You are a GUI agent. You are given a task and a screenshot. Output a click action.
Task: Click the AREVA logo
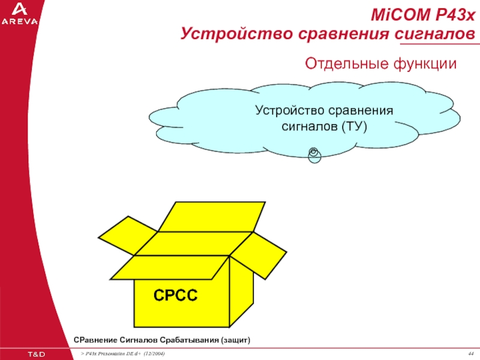click(20, 14)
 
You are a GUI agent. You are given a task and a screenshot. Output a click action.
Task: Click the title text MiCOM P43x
click(423, 14)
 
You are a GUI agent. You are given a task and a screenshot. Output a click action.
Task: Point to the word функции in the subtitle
click(425, 64)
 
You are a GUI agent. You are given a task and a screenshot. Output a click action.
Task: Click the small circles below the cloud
click(314, 155)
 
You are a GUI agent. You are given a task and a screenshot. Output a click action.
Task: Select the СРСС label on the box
click(175, 295)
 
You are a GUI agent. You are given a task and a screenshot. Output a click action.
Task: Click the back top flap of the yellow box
click(212, 217)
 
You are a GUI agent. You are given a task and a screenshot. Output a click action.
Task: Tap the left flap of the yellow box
click(128, 235)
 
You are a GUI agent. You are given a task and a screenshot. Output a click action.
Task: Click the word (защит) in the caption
click(235, 340)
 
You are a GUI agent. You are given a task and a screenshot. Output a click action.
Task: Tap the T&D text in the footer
click(37, 354)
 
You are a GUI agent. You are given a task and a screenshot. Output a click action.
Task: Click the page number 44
click(471, 353)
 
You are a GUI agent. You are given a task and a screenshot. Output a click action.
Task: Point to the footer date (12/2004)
click(154, 353)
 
